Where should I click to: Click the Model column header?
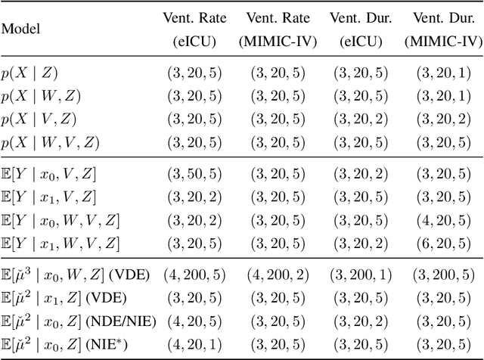[x=20, y=29]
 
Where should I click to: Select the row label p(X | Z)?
[x=29, y=74]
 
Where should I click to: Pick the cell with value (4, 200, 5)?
[x=193, y=276]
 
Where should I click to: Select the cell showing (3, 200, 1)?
[x=360, y=276]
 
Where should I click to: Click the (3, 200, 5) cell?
[x=442, y=276]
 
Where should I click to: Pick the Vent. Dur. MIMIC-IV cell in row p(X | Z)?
[x=442, y=74]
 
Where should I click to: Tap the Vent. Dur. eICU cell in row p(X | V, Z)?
[x=360, y=119]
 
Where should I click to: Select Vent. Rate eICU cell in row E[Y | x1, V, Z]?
[x=193, y=197]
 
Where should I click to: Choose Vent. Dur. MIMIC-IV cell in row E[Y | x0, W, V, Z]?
[x=442, y=220]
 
